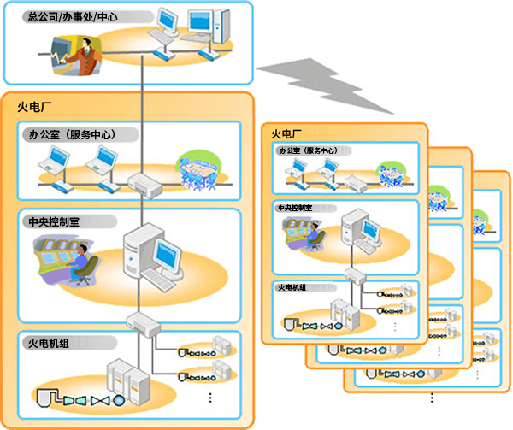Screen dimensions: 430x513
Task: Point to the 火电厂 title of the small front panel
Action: [x=286, y=134]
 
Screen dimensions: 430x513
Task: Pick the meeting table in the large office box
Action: [x=199, y=170]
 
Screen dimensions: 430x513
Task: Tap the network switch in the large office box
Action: [x=139, y=182]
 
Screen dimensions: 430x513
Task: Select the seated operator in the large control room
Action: [x=82, y=261]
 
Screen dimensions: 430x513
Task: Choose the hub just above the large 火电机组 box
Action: [x=139, y=322]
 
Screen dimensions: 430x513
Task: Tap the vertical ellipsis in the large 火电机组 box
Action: [x=210, y=398]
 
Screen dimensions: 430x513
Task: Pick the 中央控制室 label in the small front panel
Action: [x=295, y=208]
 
